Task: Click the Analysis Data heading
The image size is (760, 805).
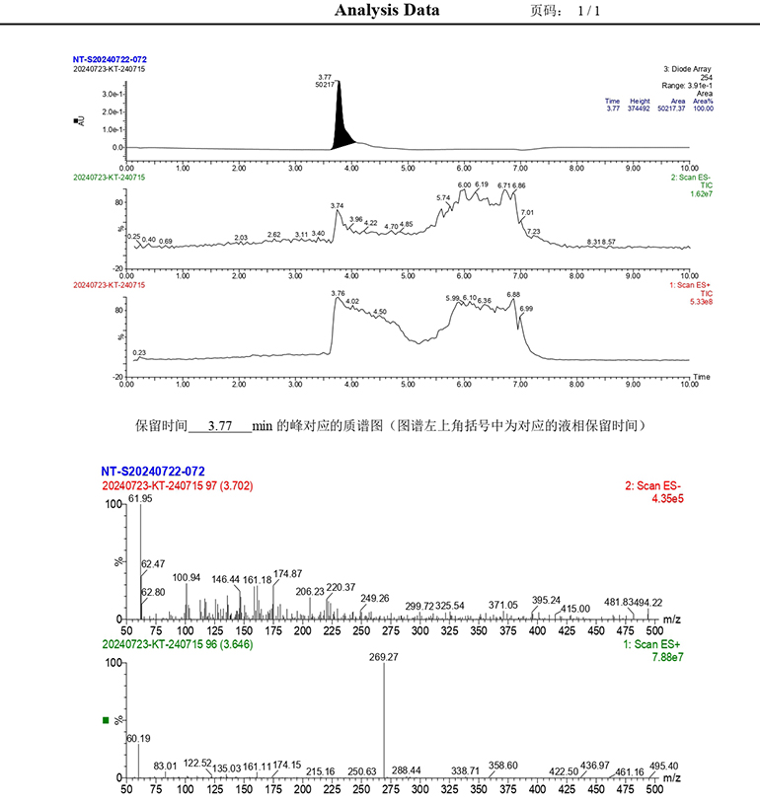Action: point(387,11)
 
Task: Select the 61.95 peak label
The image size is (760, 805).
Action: point(141,498)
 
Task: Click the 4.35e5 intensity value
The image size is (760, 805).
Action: point(667,499)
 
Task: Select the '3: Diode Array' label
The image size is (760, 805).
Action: point(687,69)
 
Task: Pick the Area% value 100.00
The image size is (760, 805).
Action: point(702,109)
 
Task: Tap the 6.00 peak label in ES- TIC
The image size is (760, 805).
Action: point(464,185)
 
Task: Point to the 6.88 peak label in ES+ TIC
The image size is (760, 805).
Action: point(513,294)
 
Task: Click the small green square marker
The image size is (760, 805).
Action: point(107,720)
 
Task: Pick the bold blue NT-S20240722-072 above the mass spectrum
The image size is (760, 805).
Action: point(153,472)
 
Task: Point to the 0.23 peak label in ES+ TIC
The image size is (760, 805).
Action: point(139,352)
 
